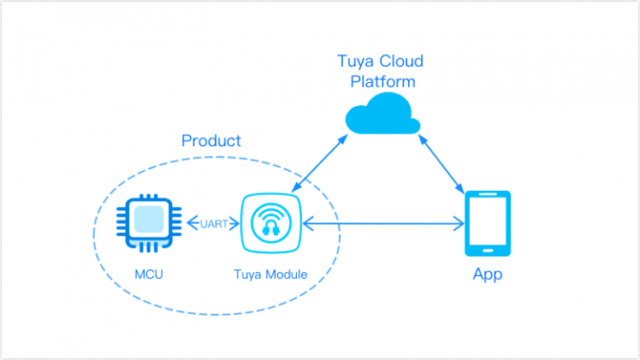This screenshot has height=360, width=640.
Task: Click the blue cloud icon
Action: pyautogui.click(x=382, y=116)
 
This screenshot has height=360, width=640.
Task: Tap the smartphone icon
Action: pyautogui.click(x=487, y=223)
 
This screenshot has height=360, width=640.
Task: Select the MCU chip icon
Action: pyautogui.click(x=149, y=223)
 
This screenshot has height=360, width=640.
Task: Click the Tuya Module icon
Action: pyautogui.click(x=270, y=223)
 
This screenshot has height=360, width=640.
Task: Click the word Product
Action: pyautogui.click(x=211, y=140)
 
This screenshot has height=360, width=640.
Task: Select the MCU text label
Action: pyautogui.click(x=149, y=274)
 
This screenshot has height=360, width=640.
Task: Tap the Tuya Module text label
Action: pyautogui.click(x=270, y=274)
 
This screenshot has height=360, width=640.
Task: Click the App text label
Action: pyautogui.click(x=488, y=274)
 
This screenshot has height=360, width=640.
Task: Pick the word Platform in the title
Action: pyautogui.click(x=383, y=82)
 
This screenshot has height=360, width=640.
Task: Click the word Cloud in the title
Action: pyautogui.click(x=401, y=62)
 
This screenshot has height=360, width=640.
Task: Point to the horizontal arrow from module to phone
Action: pyautogui.click(x=383, y=224)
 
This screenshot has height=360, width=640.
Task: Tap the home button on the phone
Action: pyautogui.click(x=487, y=250)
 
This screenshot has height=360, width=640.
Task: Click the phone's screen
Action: pyautogui.click(x=487, y=220)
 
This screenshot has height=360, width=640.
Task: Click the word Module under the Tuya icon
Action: pyautogui.click(x=285, y=274)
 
